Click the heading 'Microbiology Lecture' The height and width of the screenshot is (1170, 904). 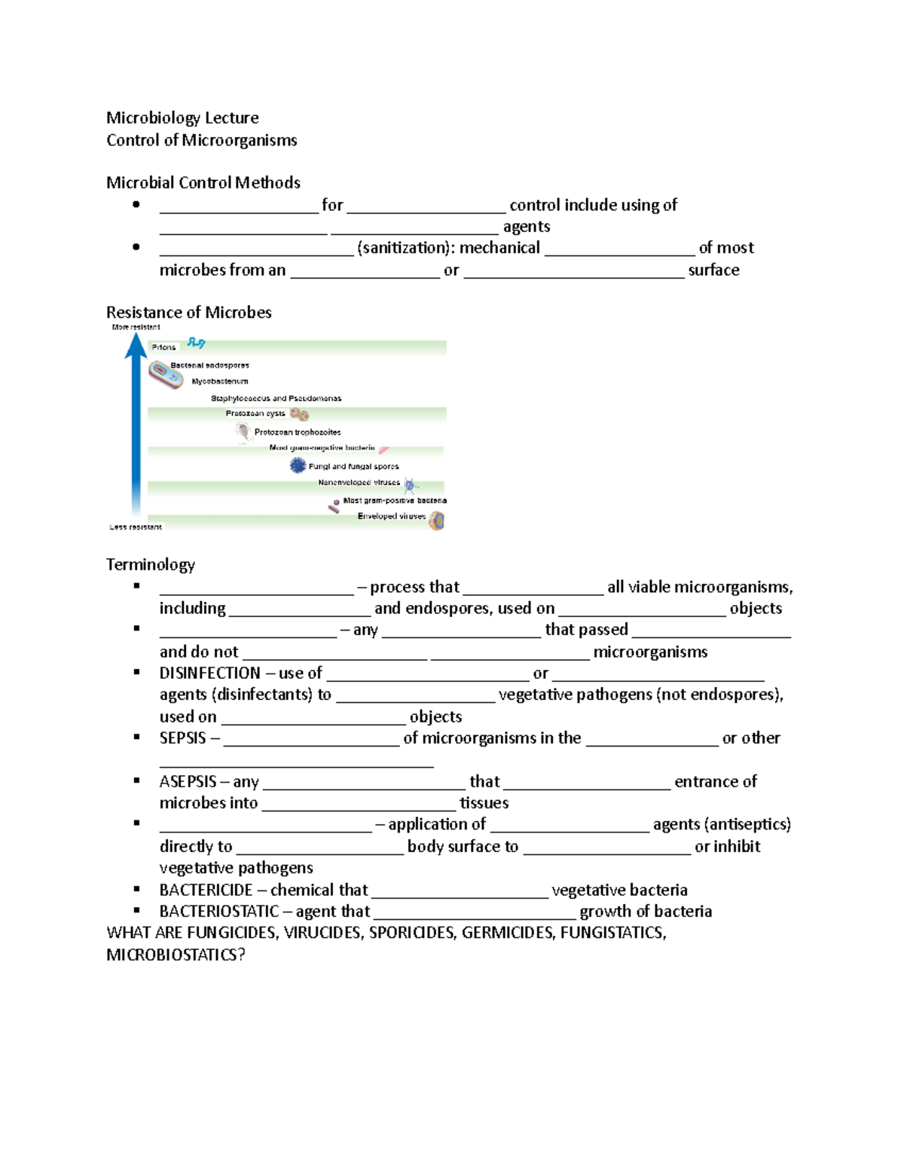click(182, 118)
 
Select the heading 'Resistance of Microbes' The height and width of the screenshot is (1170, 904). click(188, 312)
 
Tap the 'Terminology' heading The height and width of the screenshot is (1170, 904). click(150, 564)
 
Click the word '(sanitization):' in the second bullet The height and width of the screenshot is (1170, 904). click(406, 248)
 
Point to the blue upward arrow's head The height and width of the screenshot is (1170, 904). click(136, 345)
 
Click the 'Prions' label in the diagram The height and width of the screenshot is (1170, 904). click(163, 347)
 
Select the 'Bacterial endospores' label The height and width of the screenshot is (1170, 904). click(209, 365)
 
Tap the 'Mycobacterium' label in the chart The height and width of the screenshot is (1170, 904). click(219, 381)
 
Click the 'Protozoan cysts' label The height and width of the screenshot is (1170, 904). click(255, 414)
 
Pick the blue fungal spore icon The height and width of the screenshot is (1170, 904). click(298, 466)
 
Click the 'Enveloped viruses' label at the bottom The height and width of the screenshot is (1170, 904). click(391, 517)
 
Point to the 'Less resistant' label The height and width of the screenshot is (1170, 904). click(136, 527)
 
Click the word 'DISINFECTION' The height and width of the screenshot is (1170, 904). click(209, 673)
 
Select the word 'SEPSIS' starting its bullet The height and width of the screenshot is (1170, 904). click(182, 738)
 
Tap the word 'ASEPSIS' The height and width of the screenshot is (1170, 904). click(188, 781)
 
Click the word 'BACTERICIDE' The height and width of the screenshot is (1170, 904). click(206, 890)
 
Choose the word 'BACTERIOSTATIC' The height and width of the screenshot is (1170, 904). click(218, 912)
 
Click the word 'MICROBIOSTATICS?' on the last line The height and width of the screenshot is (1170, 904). click(176, 955)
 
